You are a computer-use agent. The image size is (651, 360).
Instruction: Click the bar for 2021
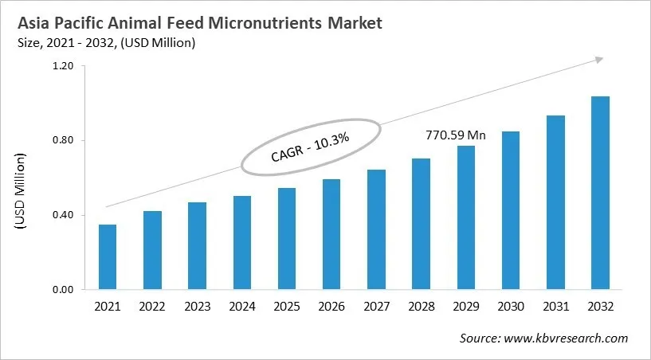click(x=108, y=256)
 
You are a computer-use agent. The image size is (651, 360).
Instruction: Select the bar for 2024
click(x=242, y=242)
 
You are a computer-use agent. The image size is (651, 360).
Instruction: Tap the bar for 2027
click(x=376, y=229)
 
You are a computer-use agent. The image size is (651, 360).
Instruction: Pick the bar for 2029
click(x=466, y=217)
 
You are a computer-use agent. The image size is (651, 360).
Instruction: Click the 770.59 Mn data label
click(x=455, y=135)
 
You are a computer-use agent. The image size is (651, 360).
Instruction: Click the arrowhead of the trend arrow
click(x=599, y=60)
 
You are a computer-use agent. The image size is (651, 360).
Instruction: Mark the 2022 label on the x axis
click(x=152, y=307)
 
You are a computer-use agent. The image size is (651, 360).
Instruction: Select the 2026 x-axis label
click(x=331, y=307)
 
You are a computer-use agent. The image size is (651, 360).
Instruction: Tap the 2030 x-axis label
click(x=511, y=307)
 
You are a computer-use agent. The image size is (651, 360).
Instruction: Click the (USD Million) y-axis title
click(x=22, y=193)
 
